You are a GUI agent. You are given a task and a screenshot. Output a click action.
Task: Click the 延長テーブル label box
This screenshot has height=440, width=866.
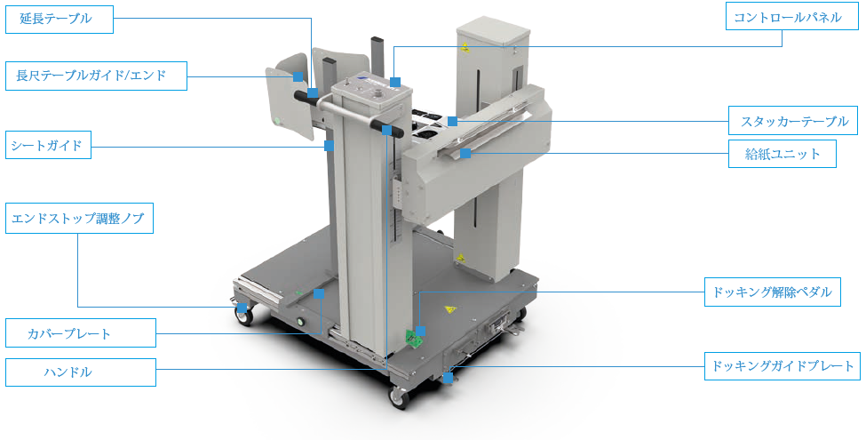(x=60, y=20)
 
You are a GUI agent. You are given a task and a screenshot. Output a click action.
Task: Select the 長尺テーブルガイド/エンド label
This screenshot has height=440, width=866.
(x=96, y=76)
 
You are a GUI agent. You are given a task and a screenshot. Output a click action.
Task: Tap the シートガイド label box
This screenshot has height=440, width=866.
(x=48, y=145)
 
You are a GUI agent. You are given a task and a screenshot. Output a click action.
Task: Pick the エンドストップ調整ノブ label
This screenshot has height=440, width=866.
(x=80, y=219)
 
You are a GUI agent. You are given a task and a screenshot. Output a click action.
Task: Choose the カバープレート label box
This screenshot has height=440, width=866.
(x=81, y=332)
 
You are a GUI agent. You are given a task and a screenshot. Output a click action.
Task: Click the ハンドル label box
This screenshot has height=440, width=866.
(x=81, y=372)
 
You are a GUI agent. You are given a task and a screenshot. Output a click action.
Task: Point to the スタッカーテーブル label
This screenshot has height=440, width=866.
(x=793, y=121)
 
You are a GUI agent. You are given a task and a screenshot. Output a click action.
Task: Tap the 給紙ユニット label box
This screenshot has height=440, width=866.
(x=782, y=154)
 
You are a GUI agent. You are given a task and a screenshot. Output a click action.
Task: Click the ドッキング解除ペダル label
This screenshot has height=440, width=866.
(x=772, y=292)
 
